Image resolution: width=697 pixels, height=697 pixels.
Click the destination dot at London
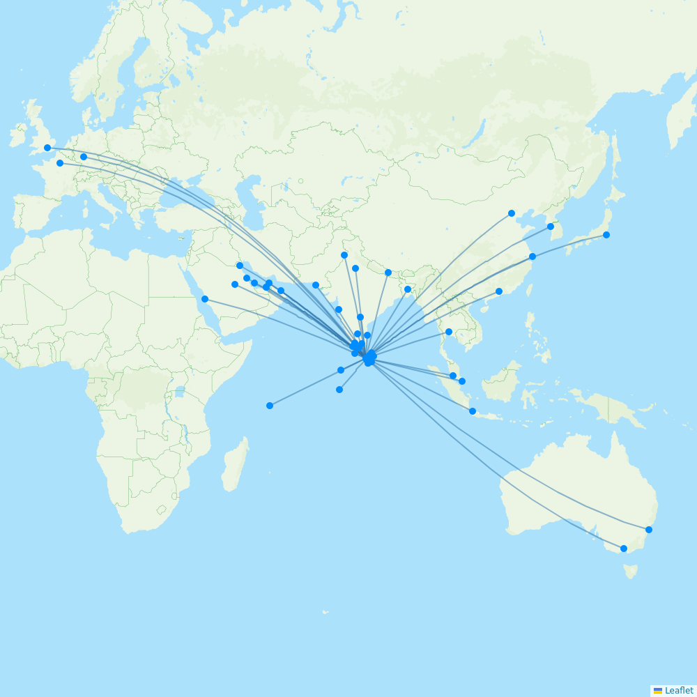pyautogui.click(x=47, y=148)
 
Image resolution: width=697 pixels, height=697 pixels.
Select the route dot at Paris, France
pyautogui.click(x=60, y=163)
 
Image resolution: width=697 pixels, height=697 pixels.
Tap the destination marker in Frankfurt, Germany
pyautogui.click(x=84, y=157)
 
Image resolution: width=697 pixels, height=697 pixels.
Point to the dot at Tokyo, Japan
pyautogui.click(x=606, y=235)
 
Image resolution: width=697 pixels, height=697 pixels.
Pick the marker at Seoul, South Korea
pyautogui.click(x=551, y=227)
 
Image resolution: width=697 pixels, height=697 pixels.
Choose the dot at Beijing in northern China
pyautogui.click(x=512, y=213)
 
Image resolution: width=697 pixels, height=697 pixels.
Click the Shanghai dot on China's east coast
pyautogui.click(x=533, y=256)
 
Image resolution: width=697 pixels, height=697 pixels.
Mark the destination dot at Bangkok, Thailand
pyautogui.click(x=449, y=332)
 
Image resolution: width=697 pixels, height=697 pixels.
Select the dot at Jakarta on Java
pyautogui.click(x=473, y=411)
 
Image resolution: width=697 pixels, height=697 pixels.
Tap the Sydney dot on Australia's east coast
pyautogui.click(x=649, y=530)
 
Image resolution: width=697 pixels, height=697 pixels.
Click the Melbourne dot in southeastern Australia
pyautogui.click(x=624, y=549)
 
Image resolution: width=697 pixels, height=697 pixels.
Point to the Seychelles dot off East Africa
pyautogui.click(x=270, y=406)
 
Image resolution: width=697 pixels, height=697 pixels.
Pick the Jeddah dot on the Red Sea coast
pyautogui.click(x=205, y=299)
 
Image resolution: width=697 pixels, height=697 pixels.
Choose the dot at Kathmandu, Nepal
pyautogui.click(x=388, y=273)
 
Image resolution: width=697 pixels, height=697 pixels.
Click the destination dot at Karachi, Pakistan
pyautogui.click(x=316, y=285)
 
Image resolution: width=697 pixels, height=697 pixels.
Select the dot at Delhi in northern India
pyautogui.click(x=344, y=255)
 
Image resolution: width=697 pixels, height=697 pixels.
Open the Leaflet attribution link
pyautogui.click(x=679, y=691)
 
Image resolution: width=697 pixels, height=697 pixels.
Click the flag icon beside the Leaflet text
pyautogui.click(x=658, y=691)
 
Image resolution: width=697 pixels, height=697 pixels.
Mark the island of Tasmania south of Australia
pyautogui.click(x=631, y=572)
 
